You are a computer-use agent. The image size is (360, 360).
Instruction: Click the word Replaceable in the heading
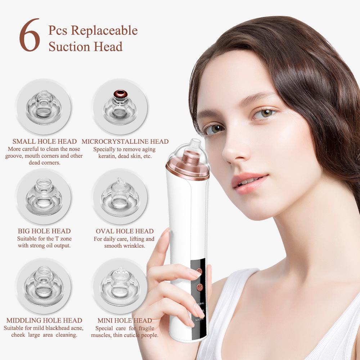tap(104, 30)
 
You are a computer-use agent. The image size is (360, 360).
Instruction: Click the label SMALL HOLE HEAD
tap(44, 141)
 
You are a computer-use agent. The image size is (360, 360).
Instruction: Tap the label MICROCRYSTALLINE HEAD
tap(125, 141)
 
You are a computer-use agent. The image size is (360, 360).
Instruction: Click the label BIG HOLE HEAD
tap(44, 231)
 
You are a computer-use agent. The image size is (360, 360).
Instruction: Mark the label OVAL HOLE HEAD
tap(125, 231)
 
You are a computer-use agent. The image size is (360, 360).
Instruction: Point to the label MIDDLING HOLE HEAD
tap(44, 320)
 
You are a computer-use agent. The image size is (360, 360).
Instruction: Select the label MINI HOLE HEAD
tap(125, 320)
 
